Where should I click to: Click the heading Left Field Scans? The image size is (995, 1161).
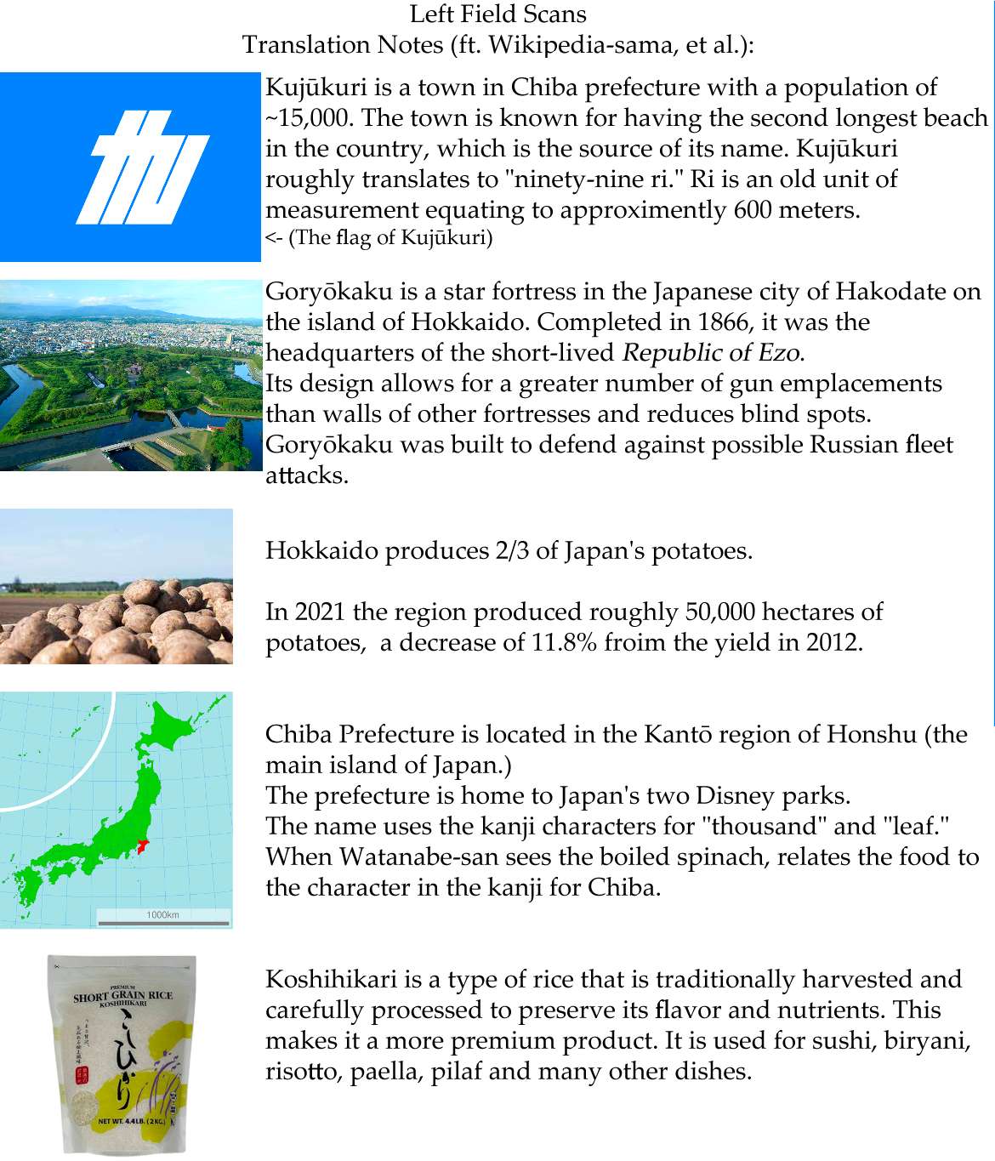click(497, 14)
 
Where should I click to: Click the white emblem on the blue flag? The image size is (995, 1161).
click(144, 167)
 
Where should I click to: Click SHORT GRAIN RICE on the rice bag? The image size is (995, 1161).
click(122, 996)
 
